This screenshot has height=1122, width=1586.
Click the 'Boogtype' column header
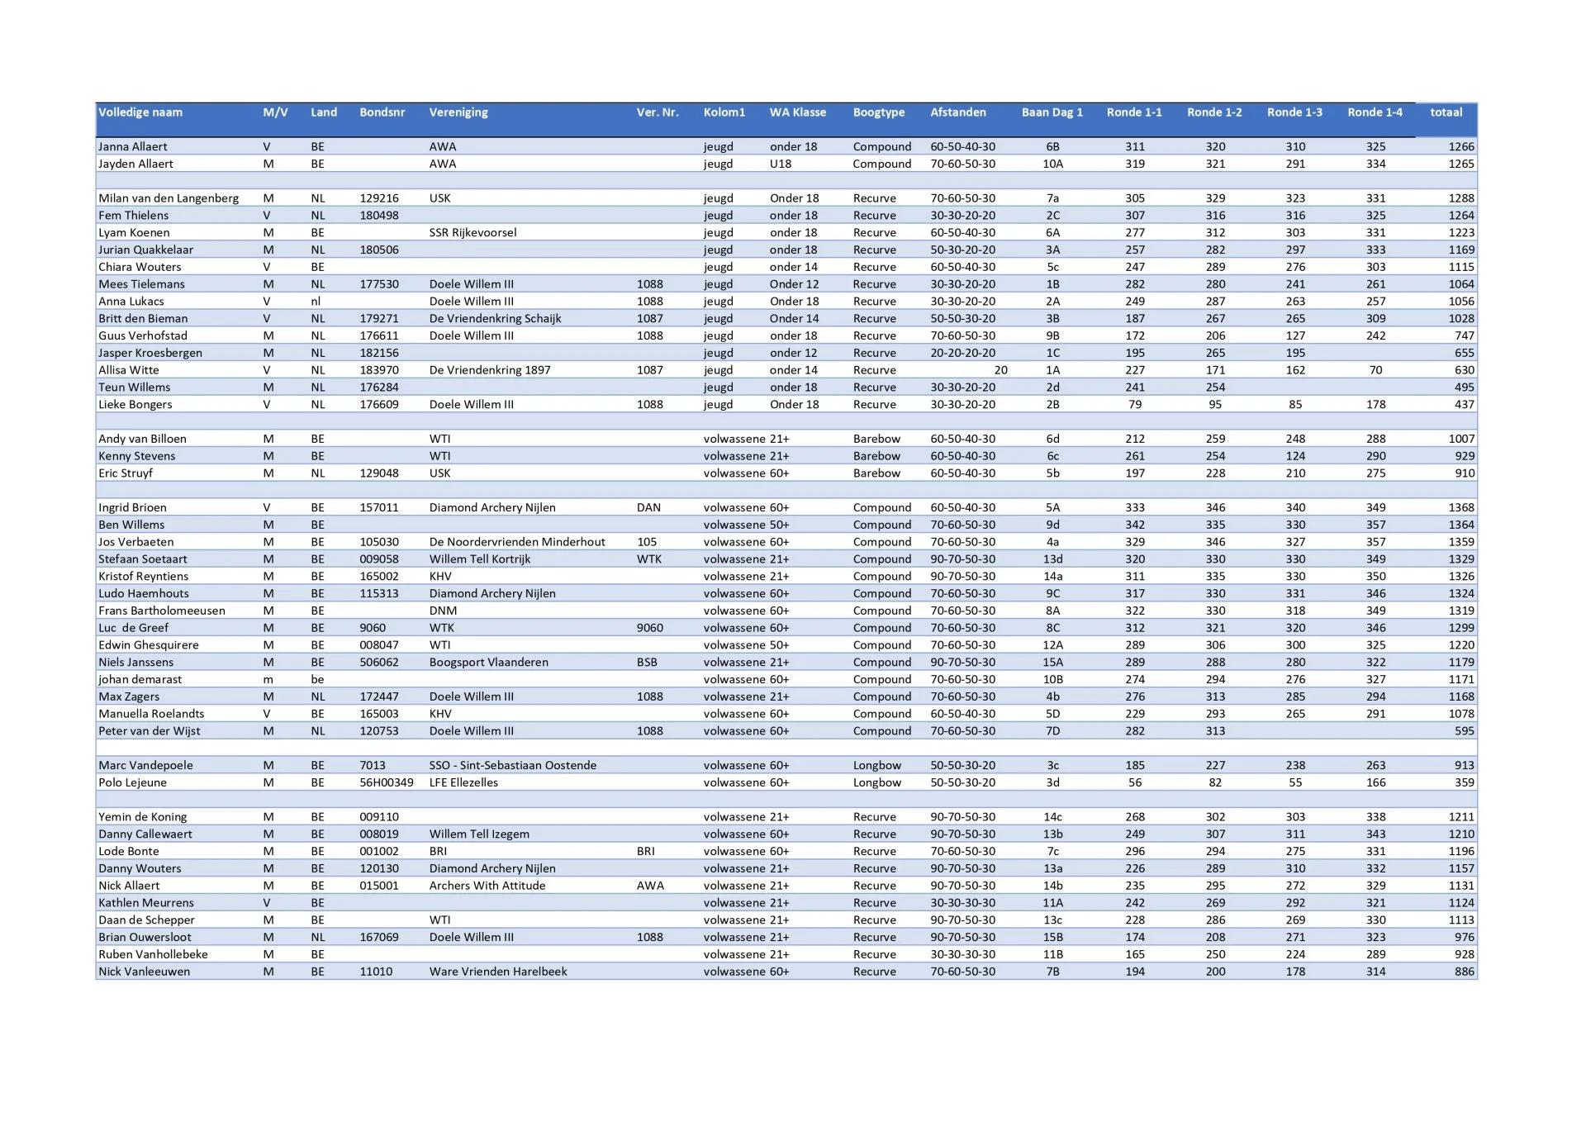[x=878, y=112]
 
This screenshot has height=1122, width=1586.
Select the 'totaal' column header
[x=1446, y=112]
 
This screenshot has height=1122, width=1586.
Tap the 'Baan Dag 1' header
[x=1052, y=112]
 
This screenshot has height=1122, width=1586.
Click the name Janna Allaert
[x=132, y=147]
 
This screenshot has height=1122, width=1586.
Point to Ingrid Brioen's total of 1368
[x=1460, y=508]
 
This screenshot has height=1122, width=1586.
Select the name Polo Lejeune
[x=132, y=783]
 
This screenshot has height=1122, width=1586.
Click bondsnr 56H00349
[x=386, y=783]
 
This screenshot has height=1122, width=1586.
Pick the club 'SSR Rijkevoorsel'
[x=472, y=233]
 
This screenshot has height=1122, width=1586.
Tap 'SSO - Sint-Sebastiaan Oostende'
[x=512, y=766]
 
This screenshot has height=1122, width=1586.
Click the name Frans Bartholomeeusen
[x=161, y=611]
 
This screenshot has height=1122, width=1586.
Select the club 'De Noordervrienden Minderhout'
[x=517, y=543]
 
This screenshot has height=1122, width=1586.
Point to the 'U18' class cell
[x=781, y=164]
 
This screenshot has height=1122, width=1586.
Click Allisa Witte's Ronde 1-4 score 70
[x=1375, y=371]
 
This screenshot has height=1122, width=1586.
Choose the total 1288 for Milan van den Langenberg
[x=1460, y=199]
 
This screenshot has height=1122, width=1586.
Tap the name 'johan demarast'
[x=140, y=680]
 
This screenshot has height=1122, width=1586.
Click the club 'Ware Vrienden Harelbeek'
[x=498, y=972]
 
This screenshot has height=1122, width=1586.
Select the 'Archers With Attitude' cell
[x=487, y=887]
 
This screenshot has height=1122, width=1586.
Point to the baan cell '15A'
[x=1052, y=663]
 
